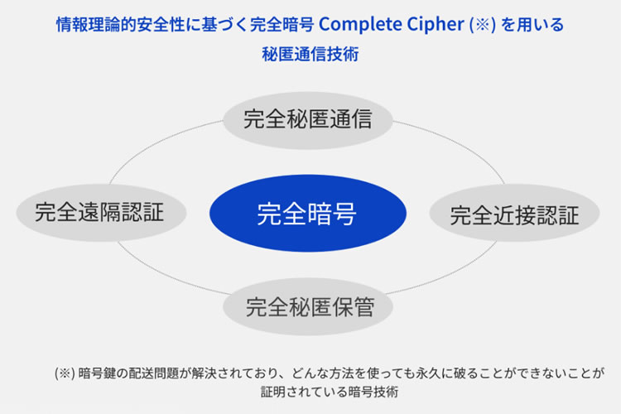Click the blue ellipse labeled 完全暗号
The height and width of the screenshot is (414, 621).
click(x=308, y=213)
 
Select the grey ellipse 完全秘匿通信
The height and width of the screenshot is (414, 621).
click(x=308, y=120)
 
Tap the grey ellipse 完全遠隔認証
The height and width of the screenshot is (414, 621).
click(x=101, y=213)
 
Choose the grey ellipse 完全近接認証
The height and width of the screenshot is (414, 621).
click(x=514, y=213)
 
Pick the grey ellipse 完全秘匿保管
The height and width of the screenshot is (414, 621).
click(x=308, y=306)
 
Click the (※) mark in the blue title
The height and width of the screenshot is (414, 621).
click(x=482, y=25)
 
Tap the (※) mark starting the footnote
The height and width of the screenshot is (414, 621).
click(x=65, y=373)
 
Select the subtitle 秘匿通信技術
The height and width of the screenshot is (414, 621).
click(x=310, y=55)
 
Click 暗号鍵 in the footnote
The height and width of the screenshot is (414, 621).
click(x=97, y=373)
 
